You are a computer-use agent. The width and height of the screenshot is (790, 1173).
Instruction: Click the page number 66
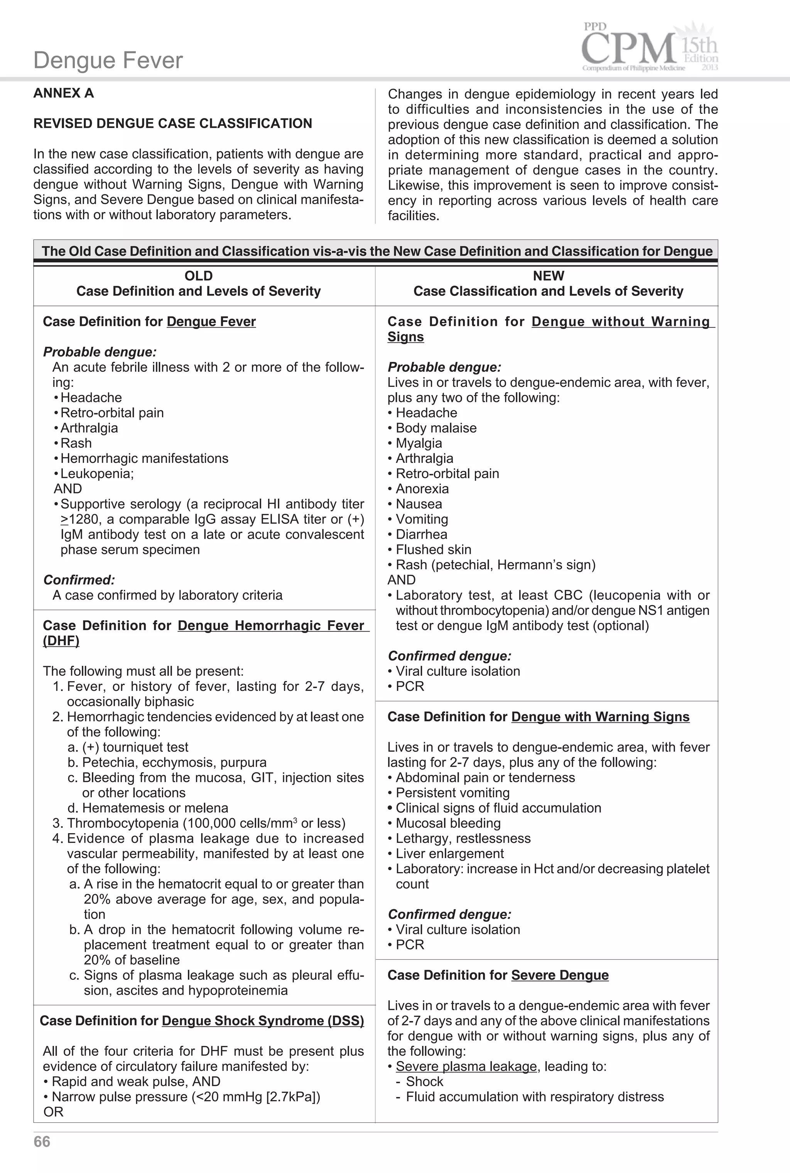42,1141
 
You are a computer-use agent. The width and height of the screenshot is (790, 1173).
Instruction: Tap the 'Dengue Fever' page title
108,61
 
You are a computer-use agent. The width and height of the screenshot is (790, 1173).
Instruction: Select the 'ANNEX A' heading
64,93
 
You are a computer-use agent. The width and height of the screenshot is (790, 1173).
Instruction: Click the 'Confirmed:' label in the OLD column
79,580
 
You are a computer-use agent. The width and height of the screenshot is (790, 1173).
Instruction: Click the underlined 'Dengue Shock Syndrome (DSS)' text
262,1021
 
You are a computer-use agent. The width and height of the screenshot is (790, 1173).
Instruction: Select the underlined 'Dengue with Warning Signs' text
600,717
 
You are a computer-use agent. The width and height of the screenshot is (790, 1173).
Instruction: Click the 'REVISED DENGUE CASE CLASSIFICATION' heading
173,123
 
